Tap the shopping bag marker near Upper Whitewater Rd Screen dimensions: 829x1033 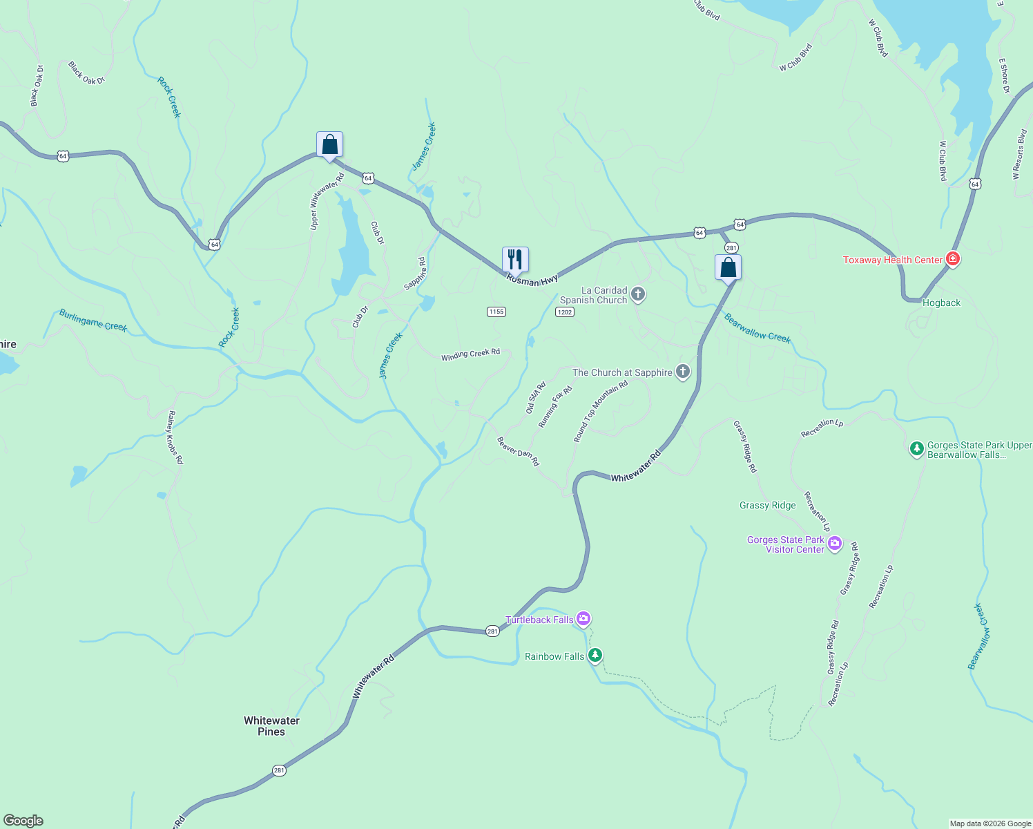[329, 145]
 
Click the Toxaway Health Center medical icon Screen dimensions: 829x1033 [953, 259]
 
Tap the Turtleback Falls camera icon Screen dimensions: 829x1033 [583, 619]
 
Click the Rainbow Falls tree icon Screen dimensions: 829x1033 [595, 656]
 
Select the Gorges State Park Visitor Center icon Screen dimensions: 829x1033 [834, 544]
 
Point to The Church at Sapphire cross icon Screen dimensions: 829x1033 [682, 372]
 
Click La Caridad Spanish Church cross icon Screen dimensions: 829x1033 [637, 295]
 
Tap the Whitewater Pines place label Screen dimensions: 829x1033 [271, 726]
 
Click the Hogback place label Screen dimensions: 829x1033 [941, 303]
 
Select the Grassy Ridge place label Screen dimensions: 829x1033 [767, 505]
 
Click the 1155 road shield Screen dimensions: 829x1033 [496, 312]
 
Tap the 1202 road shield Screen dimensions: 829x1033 [564, 312]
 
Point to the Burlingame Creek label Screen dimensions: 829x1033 [93, 321]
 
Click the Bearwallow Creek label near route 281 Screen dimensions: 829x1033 [757, 328]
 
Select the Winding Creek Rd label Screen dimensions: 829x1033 [470, 354]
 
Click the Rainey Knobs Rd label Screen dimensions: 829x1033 [175, 437]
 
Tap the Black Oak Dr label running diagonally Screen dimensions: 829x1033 [86, 73]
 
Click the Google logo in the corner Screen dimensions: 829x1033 [23, 820]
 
